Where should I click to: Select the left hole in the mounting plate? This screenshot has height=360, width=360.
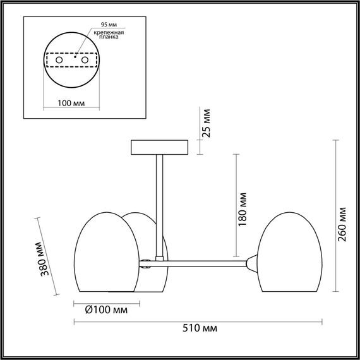[59, 59]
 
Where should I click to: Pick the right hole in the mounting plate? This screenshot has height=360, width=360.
[83, 59]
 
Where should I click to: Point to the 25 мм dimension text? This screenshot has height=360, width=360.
[207, 123]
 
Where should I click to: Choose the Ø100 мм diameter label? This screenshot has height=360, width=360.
[105, 310]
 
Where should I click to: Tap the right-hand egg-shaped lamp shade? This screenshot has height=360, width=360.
[287, 253]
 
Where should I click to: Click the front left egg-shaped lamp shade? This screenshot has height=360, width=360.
[107, 253]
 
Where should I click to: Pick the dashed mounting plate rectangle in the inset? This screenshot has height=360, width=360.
[71, 59]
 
